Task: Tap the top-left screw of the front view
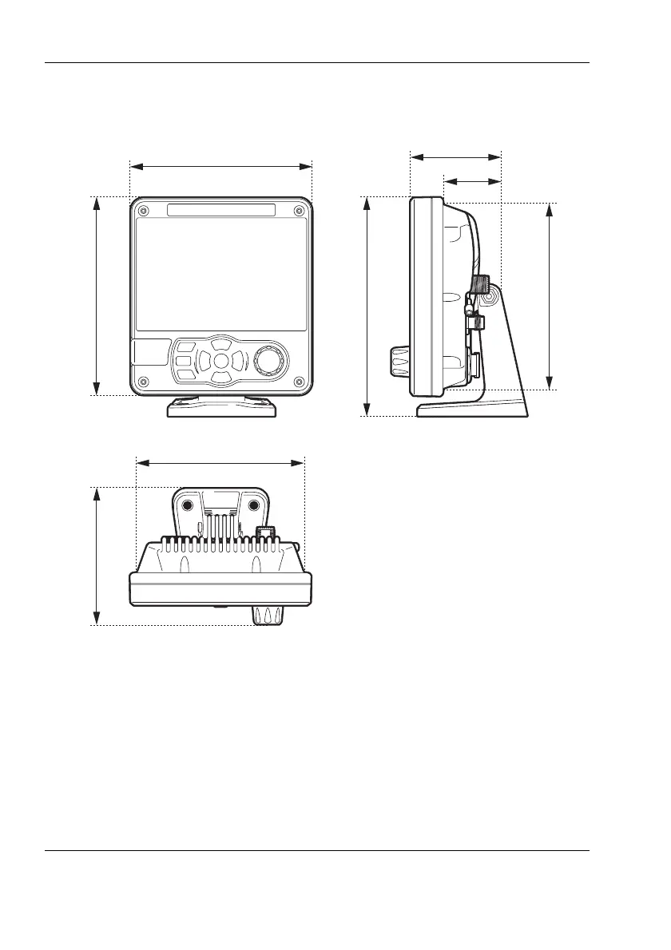point(143,211)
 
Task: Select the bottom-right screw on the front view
point(298,380)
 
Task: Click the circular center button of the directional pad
point(221,361)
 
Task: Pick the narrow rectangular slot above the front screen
point(221,210)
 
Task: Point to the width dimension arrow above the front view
point(220,166)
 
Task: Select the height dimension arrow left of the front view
point(97,295)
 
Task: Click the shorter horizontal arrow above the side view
point(472,181)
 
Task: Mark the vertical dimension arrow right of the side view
point(550,296)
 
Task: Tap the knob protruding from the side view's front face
point(399,363)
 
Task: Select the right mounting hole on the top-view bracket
point(254,506)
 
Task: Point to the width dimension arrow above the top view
point(220,461)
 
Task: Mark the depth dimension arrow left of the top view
point(97,556)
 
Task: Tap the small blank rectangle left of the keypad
point(150,352)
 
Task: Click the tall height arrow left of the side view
point(367,306)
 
